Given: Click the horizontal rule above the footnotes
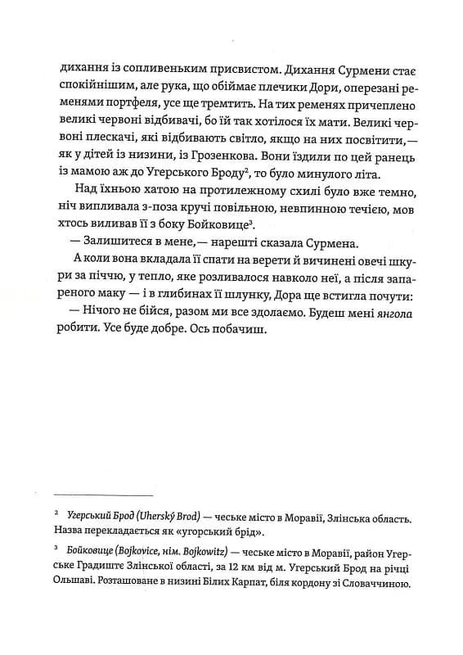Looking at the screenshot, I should (x=103, y=495).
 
